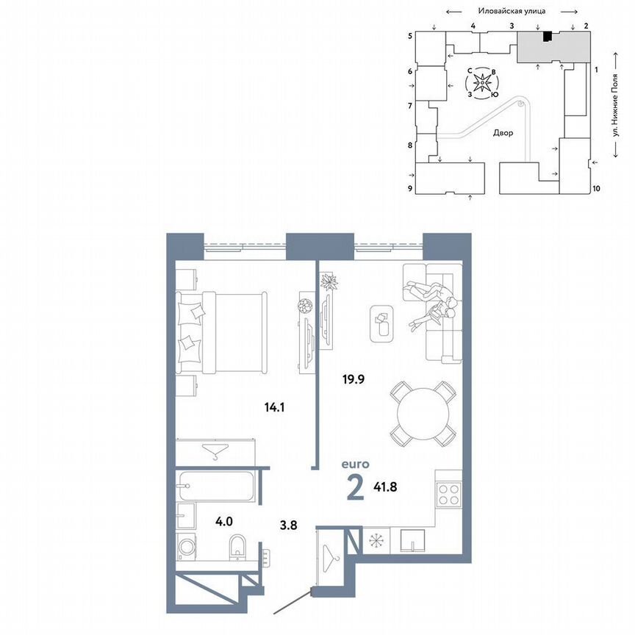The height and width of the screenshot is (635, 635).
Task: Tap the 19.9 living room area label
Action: click(354, 380)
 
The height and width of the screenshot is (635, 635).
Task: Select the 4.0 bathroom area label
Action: click(223, 522)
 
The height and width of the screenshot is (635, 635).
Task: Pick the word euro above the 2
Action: click(355, 464)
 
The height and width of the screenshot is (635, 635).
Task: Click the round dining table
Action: click(422, 412)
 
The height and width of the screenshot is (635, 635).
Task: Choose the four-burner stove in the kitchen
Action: click(448, 493)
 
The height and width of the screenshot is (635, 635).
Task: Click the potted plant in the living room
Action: click(329, 281)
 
